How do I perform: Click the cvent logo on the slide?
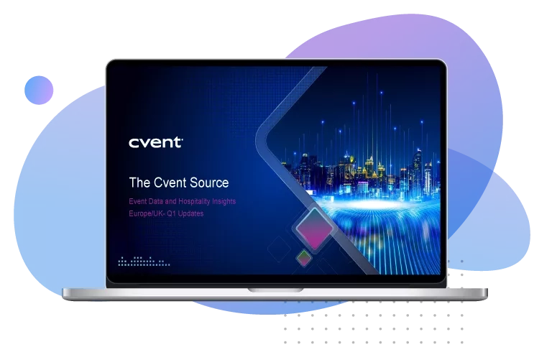(x=155, y=142)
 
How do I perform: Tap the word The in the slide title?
(x=139, y=183)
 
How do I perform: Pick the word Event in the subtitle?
(x=138, y=202)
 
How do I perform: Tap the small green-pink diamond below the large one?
(x=305, y=257)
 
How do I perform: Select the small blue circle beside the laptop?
(x=39, y=91)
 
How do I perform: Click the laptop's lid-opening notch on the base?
(x=275, y=290)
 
